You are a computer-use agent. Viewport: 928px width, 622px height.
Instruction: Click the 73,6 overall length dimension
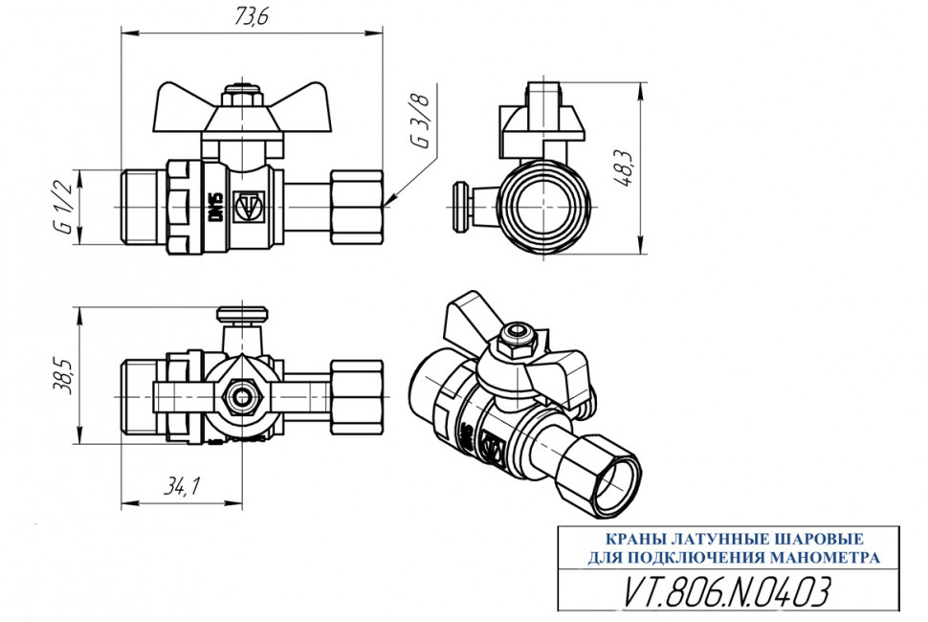[x=252, y=16]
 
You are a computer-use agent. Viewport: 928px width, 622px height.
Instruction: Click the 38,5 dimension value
[x=64, y=375]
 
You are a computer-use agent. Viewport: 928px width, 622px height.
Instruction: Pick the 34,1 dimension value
[x=183, y=485]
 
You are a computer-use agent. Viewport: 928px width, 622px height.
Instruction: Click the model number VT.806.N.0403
[x=727, y=590]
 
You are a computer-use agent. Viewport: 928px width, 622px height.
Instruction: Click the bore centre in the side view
[x=543, y=207]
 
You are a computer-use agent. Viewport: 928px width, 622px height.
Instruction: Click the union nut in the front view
[x=357, y=207]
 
